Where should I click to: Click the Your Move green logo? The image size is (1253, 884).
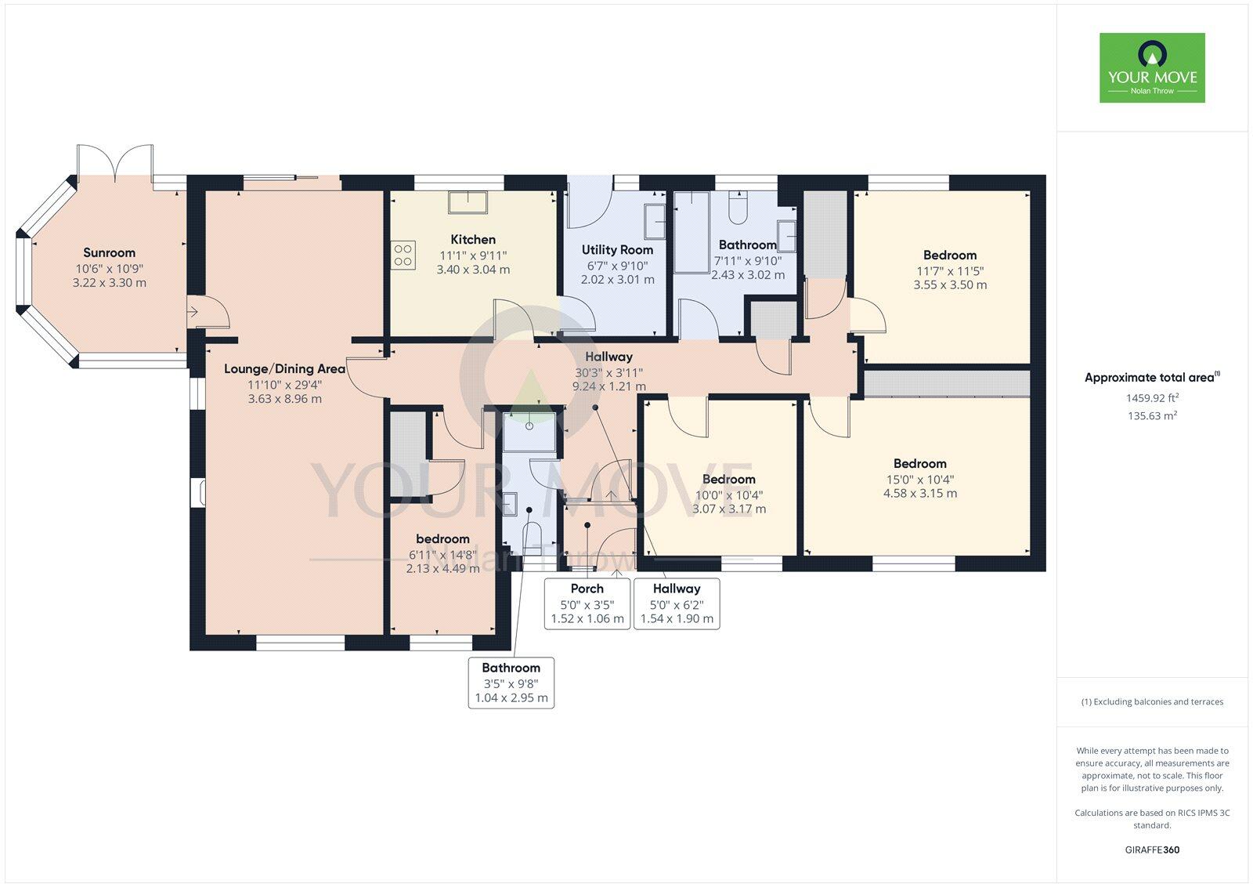(x=1152, y=67)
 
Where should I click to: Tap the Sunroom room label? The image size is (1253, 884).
(x=109, y=252)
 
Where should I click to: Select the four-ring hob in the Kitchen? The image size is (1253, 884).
(x=403, y=255)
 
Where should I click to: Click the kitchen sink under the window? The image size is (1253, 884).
(x=467, y=202)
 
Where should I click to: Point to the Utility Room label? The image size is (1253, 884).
(x=617, y=250)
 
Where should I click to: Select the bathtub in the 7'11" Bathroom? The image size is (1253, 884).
(x=691, y=231)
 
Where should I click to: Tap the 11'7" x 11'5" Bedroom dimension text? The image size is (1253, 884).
(x=950, y=271)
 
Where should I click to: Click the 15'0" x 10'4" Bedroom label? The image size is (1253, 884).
(x=919, y=463)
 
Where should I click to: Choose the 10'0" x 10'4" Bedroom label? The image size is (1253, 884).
(x=728, y=479)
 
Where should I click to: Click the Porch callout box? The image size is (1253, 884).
(x=587, y=603)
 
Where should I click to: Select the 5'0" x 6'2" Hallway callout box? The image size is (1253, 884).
(x=677, y=603)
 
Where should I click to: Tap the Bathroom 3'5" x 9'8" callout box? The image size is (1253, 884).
(x=511, y=683)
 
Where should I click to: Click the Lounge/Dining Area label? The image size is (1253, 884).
(x=284, y=368)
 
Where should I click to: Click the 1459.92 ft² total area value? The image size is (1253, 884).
(x=1152, y=398)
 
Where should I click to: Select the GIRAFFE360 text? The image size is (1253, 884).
(x=1152, y=850)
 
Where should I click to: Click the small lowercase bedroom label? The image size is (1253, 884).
(x=442, y=539)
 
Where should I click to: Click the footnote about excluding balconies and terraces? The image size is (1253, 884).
(x=1152, y=702)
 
